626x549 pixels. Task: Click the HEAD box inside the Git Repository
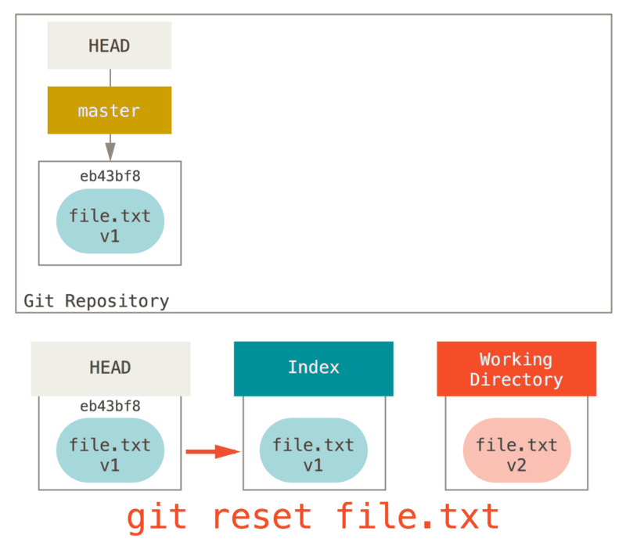click(110, 45)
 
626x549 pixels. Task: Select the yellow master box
click(110, 110)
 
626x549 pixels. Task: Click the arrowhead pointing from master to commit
click(110, 149)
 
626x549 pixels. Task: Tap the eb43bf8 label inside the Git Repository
click(110, 176)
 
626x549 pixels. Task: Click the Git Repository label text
click(96, 301)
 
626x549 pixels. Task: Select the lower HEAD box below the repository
click(110, 368)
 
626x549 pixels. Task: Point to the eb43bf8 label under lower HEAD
click(110, 406)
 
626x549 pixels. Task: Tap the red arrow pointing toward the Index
click(212, 451)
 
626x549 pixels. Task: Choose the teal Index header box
click(313, 368)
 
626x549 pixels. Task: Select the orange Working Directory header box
click(516, 368)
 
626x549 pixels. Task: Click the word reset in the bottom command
click(261, 518)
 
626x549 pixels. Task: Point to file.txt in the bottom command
click(417, 518)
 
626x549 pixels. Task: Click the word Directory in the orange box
click(516, 380)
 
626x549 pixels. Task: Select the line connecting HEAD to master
click(110, 77)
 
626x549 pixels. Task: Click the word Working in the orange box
click(516, 360)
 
